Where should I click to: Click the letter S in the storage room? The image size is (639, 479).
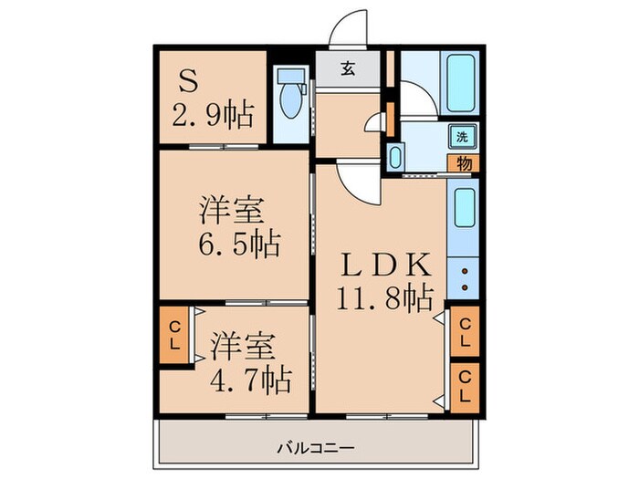[x=187, y=84]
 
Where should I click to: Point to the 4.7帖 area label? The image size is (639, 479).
[x=252, y=378]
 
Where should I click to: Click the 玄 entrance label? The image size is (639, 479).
[x=350, y=67]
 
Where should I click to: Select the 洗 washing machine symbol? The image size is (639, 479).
[x=462, y=137]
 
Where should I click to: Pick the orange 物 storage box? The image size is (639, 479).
[x=464, y=164]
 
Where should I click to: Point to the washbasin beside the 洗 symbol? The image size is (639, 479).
[x=394, y=157]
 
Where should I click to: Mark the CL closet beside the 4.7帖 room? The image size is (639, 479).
[x=173, y=336]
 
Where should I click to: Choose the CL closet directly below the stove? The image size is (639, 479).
[x=464, y=331]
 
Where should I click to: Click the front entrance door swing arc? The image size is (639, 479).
[x=351, y=29]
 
